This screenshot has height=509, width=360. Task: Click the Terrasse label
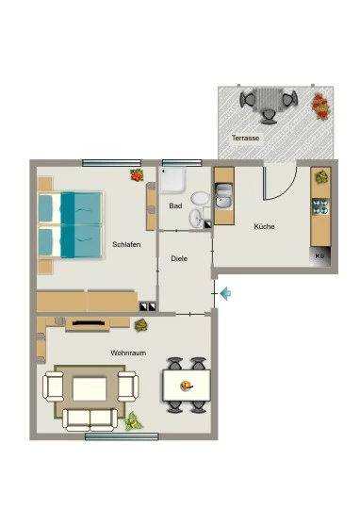pyautogui.click(x=245, y=138)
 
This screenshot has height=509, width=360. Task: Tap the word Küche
pyautogui.click(x=264, y=226)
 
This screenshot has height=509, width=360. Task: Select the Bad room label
pyautogui.click(x=175, y=205)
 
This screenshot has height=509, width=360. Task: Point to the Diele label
pyautogui.click(x=179, y=258)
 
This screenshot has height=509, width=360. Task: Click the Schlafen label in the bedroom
pyautogui.click(x=126, y=244)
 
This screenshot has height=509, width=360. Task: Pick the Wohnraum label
pyautogui.click(x=128, y=353)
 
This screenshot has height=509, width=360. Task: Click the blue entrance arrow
pyautogui.click(x=225, y=293)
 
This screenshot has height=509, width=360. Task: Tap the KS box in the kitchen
pyautogui.click(x=320, y=256)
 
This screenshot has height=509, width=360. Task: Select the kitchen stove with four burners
pyautogui.click(x=320, y=206)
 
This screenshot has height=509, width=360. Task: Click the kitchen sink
pyautogui.click(x=224, y=196)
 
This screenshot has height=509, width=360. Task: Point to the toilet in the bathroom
pyautogui.click(x=201, y=199)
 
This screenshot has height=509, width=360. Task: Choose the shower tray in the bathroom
pyautogui.click(x=173, y=180)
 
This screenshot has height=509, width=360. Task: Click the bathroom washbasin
pyautogui.click(x=196, y=218)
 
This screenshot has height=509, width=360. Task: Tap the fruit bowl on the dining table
pyautogui.click(x=186, y=386)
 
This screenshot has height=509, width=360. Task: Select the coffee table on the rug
pyautogui.click(x=90, y=388)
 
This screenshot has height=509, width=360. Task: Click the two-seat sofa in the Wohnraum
pyautogui.click(x=90, y=419)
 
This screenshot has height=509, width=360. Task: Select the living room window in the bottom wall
pyautogui.click(x=122, y=436)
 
